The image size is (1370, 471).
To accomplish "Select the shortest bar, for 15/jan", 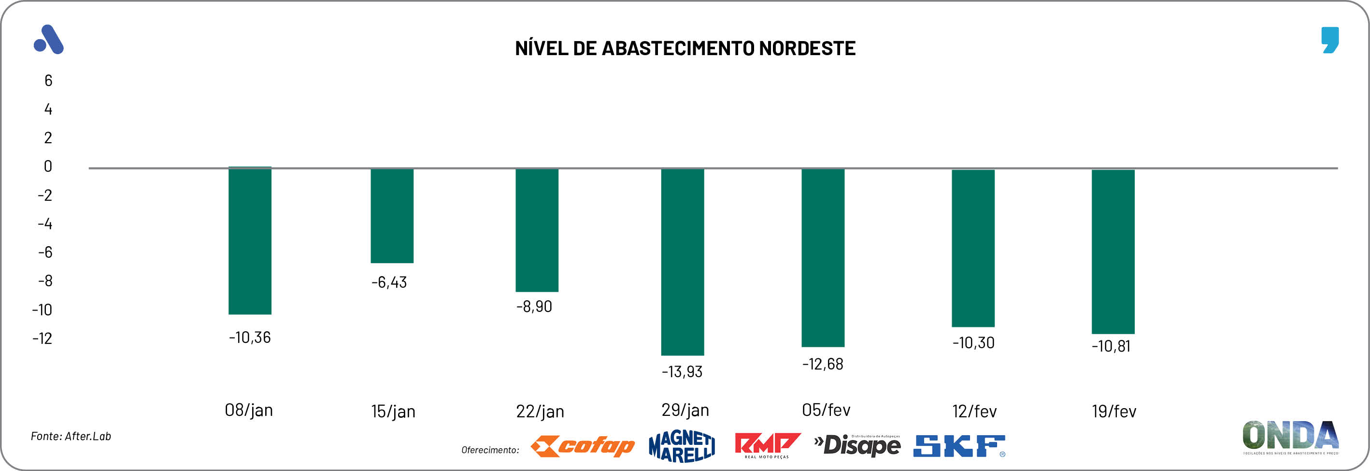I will (392, 216).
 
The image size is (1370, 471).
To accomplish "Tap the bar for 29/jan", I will (682, 262).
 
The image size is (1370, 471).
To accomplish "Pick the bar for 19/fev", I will (1113, 251).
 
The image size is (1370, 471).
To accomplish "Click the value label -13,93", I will (682, 371).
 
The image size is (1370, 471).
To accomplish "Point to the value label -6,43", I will (389, 282).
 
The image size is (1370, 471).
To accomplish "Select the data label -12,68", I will (823, 364).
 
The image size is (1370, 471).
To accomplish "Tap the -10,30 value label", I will (973, 343).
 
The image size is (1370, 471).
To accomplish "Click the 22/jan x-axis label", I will (540, 412).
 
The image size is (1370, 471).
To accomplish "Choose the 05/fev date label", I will (826, 410).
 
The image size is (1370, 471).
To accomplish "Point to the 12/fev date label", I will (974, 412).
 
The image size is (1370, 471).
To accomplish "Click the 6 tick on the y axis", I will (48, 80).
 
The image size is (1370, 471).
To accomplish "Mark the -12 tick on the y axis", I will (43, 339).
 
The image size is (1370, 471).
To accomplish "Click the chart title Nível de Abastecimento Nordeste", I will (685, 48).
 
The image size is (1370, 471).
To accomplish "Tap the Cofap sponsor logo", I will (583, 446).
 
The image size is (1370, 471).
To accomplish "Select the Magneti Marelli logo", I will (682, 446).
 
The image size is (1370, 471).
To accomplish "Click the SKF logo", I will (959, 446).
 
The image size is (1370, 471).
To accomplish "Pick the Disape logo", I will (857, 445).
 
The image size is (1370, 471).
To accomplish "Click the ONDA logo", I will (1290, 436).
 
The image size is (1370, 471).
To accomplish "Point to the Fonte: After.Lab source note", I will (71, 436).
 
